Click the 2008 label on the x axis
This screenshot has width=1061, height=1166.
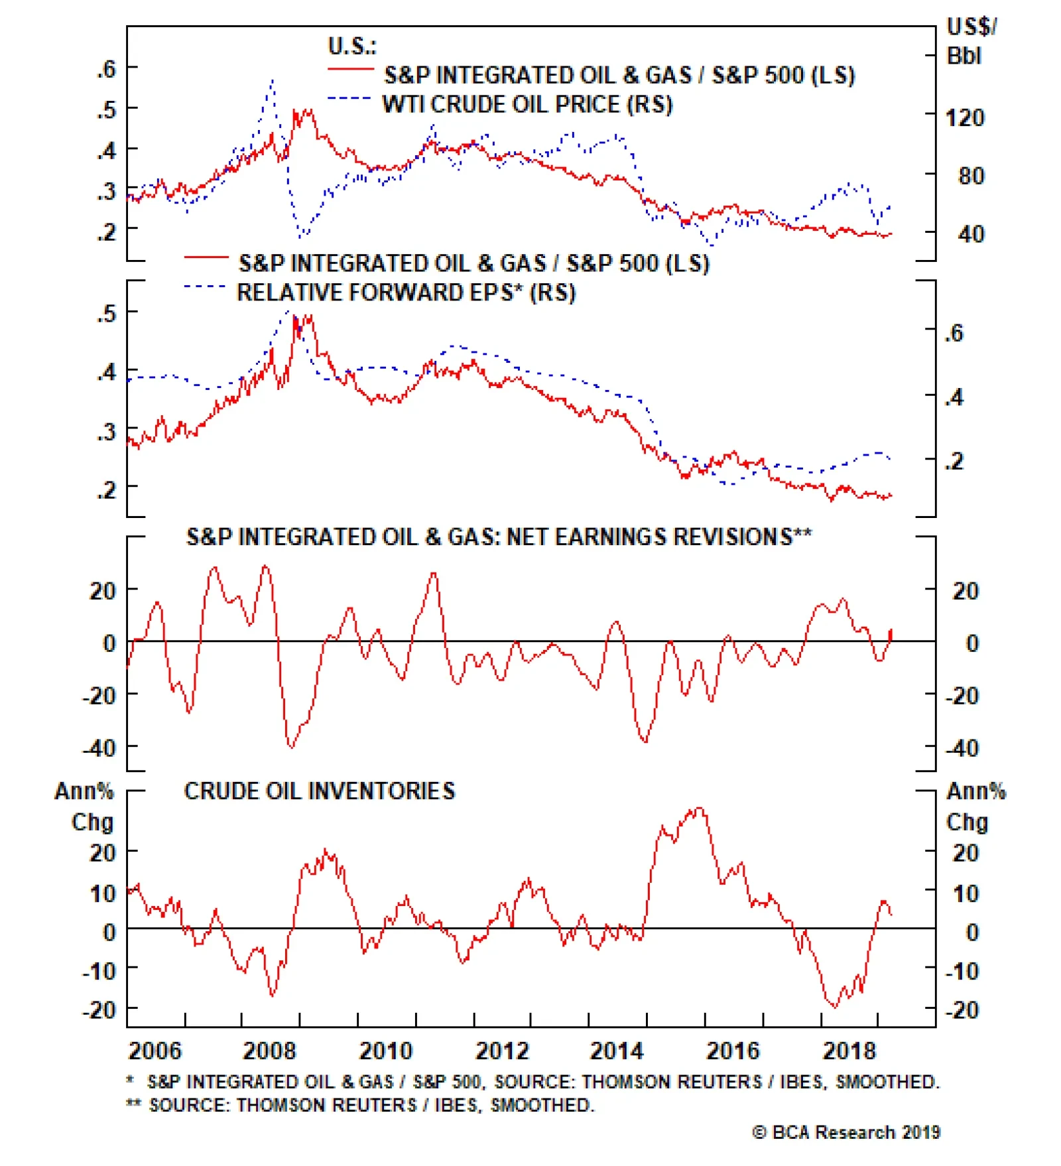(269, 1051)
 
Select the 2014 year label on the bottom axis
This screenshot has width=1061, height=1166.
(616, 1051)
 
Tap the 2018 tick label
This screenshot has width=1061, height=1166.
(849, 1051)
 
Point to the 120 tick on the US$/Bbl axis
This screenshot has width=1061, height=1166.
(964, 118)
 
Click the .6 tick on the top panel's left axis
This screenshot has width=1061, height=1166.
(106, 68)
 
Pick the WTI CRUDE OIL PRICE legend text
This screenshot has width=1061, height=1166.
(527, 105)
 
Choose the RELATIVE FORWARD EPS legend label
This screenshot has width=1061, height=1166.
(406, 292)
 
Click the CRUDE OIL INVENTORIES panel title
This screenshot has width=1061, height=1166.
(319, 791)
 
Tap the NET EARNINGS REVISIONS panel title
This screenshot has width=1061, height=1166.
(499, 537)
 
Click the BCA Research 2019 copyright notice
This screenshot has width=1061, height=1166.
(846, 1132)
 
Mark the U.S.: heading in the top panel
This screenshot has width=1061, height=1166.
(352, 46)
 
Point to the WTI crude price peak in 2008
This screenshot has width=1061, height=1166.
(272, 80)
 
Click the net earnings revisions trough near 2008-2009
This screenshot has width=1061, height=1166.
(291, 747)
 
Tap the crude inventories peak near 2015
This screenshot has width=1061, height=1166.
(700, 808)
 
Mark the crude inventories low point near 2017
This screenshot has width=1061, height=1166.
(834, 1007)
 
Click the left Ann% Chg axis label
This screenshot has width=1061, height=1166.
(84, 806)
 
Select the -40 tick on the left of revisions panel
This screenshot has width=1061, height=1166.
(99, 748)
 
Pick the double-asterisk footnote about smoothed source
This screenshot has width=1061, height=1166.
(361, 1105)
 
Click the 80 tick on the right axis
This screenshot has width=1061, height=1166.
(971, 176)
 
